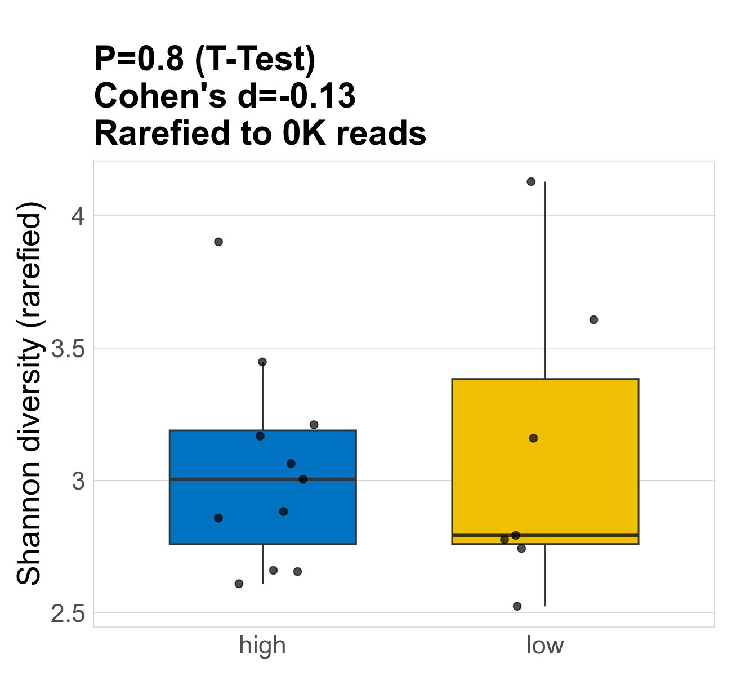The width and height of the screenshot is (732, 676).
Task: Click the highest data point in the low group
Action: click(x=531, y=181)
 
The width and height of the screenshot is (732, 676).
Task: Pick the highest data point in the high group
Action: click(x=218, y=242)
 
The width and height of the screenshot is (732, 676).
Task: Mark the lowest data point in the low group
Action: click(x=517, y=606)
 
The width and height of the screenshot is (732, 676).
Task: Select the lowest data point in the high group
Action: click(x=239, y=584)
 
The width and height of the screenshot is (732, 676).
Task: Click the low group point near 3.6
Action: click(x=593, y=319)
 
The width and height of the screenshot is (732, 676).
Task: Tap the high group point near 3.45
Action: click(x=262, y=362)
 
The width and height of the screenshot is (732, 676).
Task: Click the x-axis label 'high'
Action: click(x=262, y=646)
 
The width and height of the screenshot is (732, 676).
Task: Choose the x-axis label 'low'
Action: click(x=545, y=646)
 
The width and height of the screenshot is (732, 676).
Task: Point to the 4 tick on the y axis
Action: click(x=78, y=216)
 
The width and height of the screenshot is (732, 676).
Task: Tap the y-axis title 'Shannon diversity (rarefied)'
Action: click(x=29, y=393)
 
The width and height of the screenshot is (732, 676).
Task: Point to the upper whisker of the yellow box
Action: click(x=545, y=282)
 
